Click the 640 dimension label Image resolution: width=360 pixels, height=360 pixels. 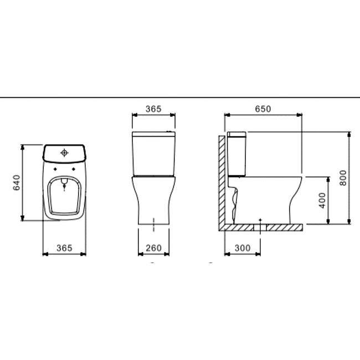[17, 183]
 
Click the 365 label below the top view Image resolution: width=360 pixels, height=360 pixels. [64, 248]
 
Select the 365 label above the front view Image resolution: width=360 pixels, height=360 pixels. [153, 109]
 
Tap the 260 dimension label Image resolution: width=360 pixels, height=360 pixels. [153, 248]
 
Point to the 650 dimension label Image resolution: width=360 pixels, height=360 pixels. [263, 109]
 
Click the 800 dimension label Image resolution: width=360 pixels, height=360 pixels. [343, 178]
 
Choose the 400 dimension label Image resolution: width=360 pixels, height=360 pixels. [322, 200]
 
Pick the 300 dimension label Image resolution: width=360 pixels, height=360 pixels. [243, 248]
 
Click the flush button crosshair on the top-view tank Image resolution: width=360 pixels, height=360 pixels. [64, 153]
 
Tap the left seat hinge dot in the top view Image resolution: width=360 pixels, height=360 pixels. [55, 169]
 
